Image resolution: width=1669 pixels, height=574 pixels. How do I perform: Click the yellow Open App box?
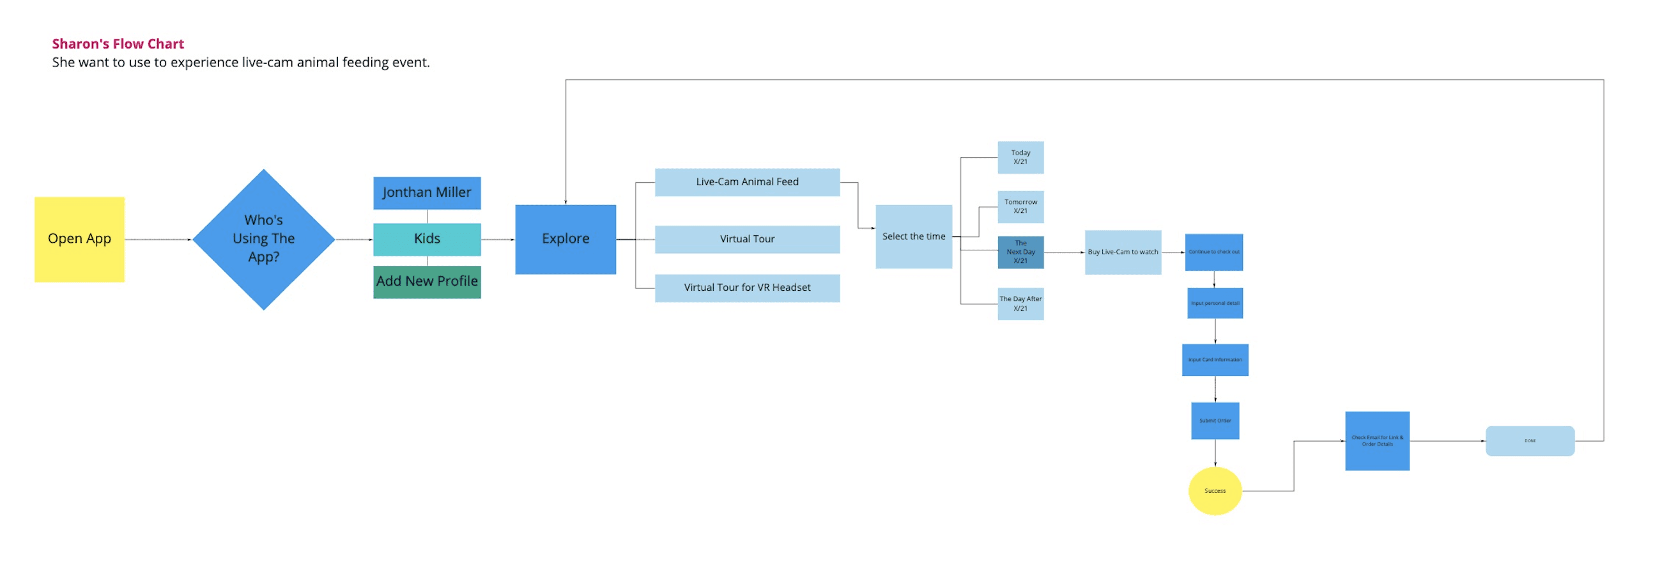[79, 239]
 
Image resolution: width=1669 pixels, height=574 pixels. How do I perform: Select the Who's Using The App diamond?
[264, 239]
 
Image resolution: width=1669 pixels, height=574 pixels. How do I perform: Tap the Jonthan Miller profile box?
[427, 193]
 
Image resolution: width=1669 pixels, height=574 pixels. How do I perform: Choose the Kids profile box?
[427, 239]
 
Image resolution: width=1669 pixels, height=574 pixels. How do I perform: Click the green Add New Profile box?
[427, 282]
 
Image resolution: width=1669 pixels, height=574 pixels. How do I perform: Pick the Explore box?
[565, 239]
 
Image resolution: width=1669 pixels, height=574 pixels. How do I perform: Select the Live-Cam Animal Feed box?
[747, 182]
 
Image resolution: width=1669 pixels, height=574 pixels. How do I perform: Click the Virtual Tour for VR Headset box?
[747, 288]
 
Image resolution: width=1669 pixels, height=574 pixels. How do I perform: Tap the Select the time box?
[914, 237]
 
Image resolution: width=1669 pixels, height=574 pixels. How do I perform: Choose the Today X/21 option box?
[1020, 157]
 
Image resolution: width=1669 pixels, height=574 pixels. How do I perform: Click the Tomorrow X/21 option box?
[1020, 206]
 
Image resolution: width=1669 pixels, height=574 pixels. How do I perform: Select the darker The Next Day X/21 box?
[1020, 252]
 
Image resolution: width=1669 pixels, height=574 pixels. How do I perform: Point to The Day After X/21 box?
[1020, 304]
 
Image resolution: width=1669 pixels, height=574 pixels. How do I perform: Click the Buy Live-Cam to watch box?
[1123, 252]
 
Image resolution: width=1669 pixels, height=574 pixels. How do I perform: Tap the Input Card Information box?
[1215, 360]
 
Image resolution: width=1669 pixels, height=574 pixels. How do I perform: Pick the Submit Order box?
[1215, 421]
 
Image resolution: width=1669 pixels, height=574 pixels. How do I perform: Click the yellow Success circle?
[1215, 491]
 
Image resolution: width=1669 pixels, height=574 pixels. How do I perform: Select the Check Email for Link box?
[1377, 440]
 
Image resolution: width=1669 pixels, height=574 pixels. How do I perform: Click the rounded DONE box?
[1530, 440]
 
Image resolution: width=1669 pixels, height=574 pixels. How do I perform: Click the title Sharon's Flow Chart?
[118, 44]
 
